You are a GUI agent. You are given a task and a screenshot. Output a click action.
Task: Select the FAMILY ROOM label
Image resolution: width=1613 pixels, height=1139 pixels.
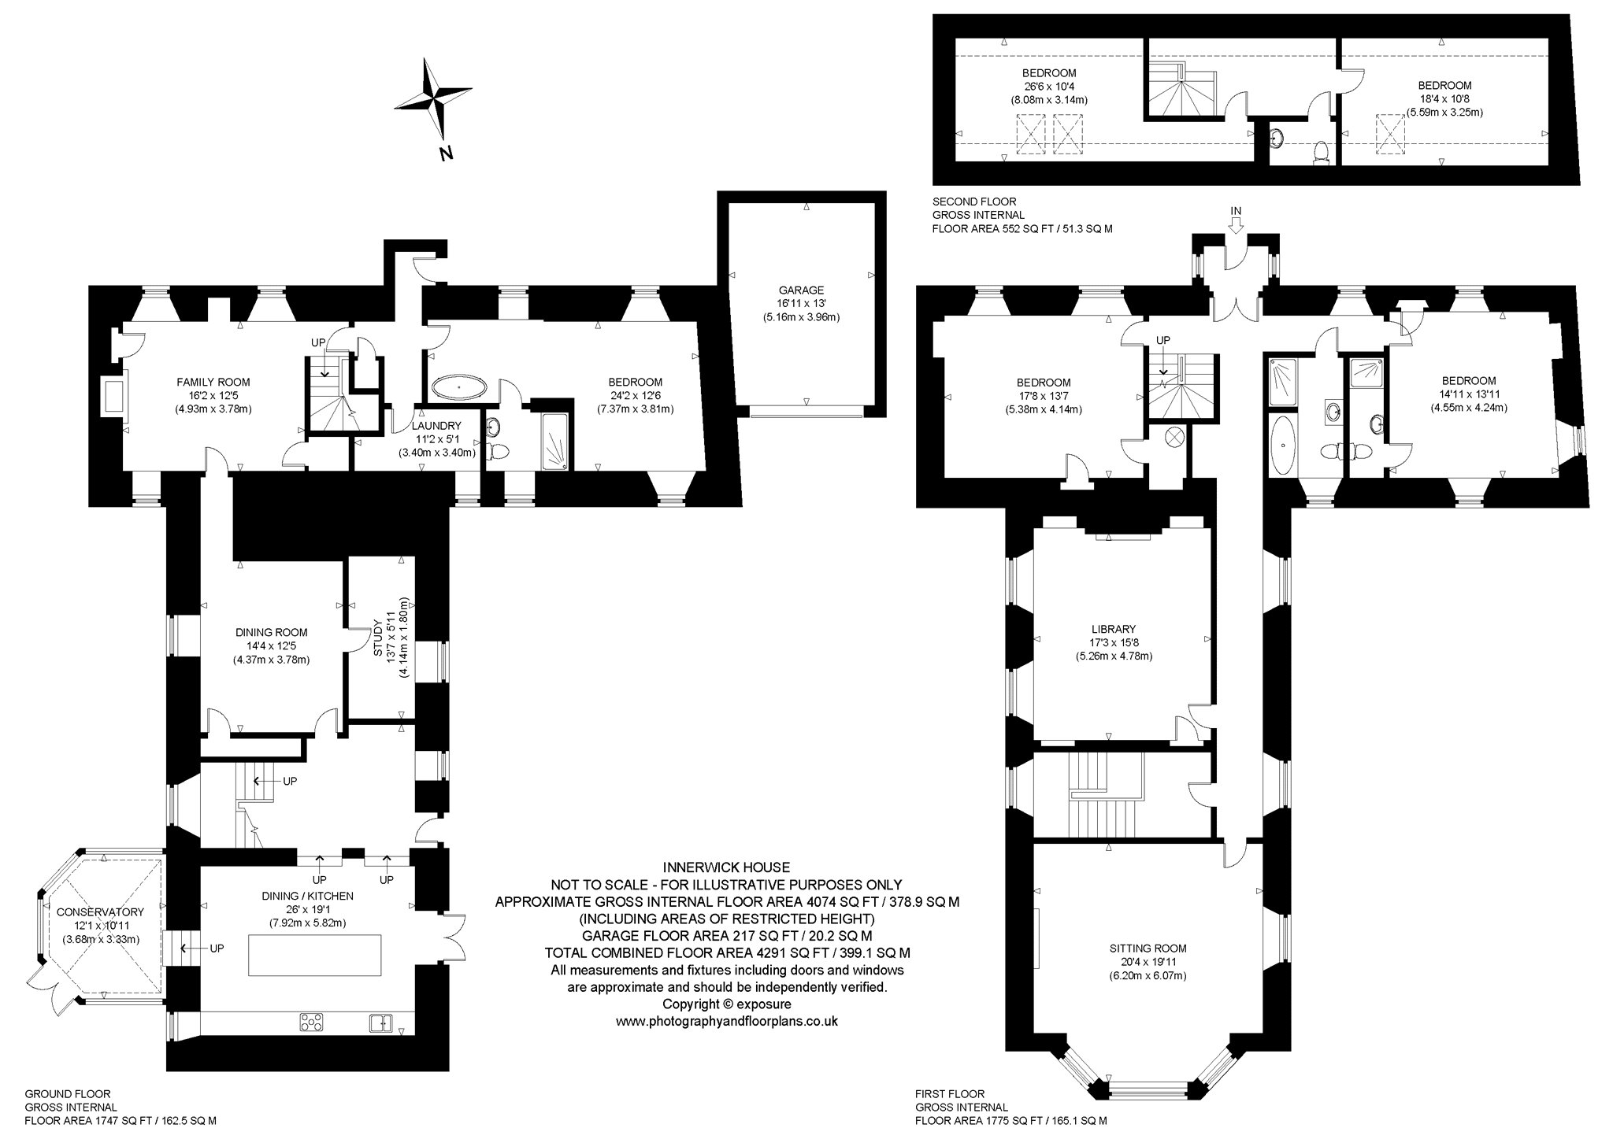(213, 383)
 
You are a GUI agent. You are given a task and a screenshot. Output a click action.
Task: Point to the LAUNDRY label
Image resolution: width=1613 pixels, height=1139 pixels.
(438, 426)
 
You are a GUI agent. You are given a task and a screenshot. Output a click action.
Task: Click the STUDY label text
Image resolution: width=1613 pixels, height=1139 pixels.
(377, 642)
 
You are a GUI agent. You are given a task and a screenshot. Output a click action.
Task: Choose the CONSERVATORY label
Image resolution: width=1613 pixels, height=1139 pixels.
(100, 912)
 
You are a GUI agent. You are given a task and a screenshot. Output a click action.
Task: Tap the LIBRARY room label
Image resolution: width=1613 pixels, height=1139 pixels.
(1114, 629)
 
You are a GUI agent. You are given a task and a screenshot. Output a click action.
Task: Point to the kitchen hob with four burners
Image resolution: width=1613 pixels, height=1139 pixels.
(312, 1023)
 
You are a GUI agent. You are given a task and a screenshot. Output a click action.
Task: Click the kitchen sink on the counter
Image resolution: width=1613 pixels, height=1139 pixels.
(382, 1023)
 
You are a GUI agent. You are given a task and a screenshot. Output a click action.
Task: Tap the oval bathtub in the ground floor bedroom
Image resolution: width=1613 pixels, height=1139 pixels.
(460, 387)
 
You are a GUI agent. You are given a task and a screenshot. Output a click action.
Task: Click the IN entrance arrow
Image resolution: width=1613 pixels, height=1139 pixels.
(1235, 226)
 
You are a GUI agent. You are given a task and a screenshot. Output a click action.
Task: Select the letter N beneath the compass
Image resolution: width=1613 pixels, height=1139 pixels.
(446, 153)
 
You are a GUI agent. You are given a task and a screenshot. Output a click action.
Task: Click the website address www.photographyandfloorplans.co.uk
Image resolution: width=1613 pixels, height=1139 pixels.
(726, 1021)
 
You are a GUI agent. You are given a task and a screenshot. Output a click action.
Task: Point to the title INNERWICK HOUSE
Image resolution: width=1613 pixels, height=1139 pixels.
(725, 867)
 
